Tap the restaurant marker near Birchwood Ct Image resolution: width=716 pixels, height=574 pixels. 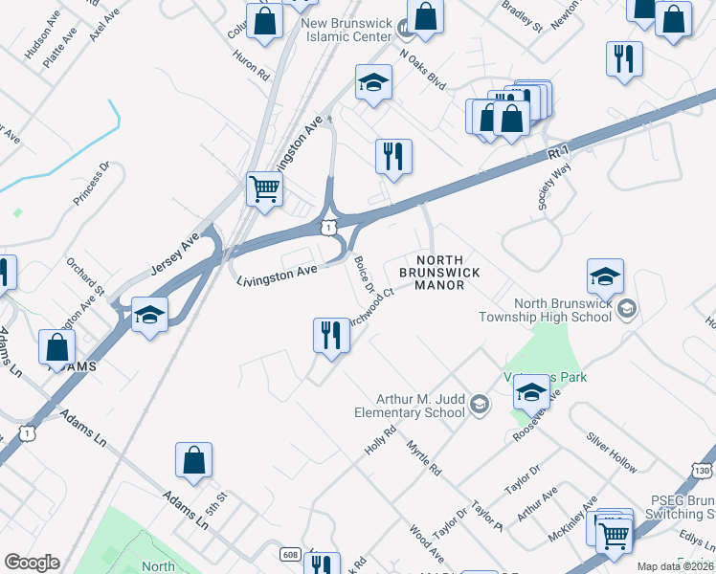(331, 336)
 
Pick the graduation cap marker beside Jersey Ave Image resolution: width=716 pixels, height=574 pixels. (149, 316)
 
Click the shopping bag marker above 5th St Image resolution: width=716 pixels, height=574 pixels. (193, 460)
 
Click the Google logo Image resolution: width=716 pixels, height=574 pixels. (32, 563)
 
